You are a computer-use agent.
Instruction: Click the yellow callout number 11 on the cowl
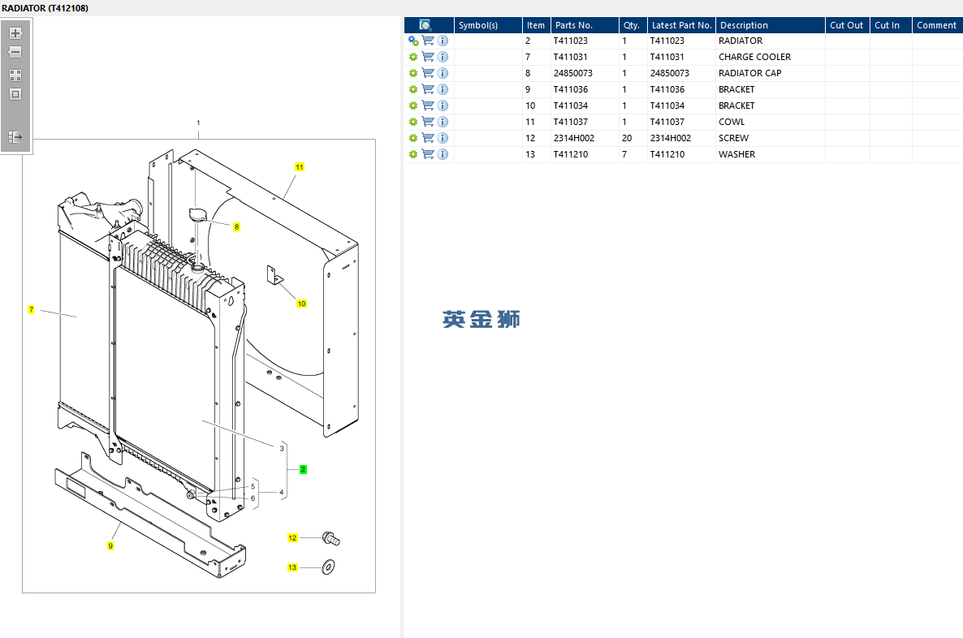pos(300,167)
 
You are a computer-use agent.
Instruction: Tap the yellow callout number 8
pos(236,227)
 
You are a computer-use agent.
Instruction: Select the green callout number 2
pos(303,469)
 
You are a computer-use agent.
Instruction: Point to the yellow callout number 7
pos(31,309)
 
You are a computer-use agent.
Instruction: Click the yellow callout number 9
pos(110,545)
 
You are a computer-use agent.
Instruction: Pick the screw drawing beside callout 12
pos(330,537)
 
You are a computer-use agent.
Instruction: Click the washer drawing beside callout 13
pos(329,566)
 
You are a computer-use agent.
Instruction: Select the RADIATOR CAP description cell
pos(749,73)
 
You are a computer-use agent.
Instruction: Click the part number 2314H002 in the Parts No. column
pos(573,138)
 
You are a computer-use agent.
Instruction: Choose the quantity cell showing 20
pos(627,138)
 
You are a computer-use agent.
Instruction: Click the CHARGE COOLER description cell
pos(754,57)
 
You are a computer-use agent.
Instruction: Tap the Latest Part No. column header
pos(681,25)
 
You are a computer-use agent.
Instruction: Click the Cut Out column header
pos(846,25)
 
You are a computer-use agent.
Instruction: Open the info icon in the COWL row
pos(443,122)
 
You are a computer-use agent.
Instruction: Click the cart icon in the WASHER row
pos(428,154)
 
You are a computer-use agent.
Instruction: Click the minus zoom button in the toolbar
pos(15,52)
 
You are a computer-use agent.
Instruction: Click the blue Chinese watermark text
pos(481,320)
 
